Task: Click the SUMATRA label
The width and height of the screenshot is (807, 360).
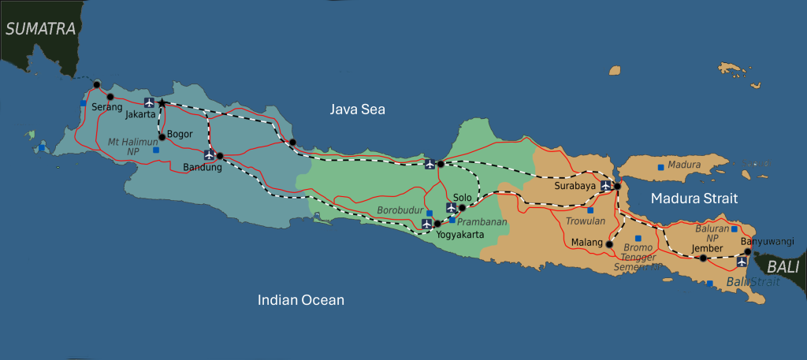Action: [40, 30]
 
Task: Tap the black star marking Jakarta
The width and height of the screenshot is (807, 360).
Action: [162, 103]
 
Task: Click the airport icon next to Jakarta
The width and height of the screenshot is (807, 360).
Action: [149, 102]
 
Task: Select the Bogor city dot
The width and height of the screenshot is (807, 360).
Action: [162, 136]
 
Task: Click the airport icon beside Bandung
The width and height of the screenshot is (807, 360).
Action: [209, 155]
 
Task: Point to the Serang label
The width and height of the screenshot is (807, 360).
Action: [106, 106]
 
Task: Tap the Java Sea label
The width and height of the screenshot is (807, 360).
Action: [357, 109]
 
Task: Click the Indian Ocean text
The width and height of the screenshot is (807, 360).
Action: [301, 300]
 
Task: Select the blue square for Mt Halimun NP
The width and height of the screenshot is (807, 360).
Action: [156, 150]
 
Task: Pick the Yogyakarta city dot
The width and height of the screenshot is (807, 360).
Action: [437, 224]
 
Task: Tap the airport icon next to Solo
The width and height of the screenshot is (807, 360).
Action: [451, 208]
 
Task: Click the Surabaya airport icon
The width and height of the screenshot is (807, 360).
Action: [605, 186]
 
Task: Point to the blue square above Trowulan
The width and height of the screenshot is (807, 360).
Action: [590, 210]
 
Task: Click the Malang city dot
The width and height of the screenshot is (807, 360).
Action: [608, 245]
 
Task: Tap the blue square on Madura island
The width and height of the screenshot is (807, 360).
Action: [660, 167]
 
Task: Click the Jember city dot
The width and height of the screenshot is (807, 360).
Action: [703, 258]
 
